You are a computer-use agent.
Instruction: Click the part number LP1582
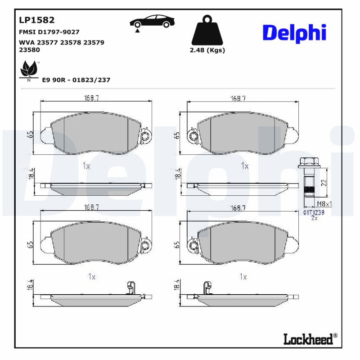coord(36,20)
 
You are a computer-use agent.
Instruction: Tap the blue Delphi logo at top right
coord(294,33)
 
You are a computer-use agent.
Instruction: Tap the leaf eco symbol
coord(29,70)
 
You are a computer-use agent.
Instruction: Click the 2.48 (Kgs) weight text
coord(207,50)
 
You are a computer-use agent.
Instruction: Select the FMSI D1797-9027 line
coord(49,32)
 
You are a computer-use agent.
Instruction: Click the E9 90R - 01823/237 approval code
coord(76,80)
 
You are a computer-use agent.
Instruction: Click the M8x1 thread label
coord(324,204)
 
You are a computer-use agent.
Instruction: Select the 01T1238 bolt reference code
coord(314,211)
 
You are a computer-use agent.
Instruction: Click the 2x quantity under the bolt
coord(315,218)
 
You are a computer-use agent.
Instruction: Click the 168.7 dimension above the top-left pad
coord(92,98)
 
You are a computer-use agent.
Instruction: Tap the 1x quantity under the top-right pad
coord(244,166)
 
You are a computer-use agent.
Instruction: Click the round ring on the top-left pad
coord(145,136)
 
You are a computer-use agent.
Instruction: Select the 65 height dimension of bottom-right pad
coord(177,244)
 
